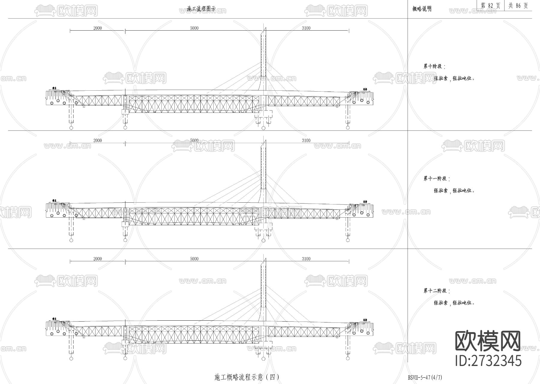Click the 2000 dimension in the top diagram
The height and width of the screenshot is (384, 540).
click(97, 28)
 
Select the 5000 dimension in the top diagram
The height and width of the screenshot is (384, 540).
click(194, 28)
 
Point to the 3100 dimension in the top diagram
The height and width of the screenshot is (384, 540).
click(306, 28)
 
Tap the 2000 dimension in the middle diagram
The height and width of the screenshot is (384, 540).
click(97, 141)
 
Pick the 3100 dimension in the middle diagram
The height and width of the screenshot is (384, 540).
click(306, 141)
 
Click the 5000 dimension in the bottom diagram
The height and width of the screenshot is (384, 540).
click(194, 259)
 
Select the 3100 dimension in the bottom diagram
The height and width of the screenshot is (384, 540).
click(306, 259)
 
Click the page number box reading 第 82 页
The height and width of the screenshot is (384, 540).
click(490, 6)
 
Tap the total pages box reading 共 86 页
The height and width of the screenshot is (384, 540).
click(518, 6)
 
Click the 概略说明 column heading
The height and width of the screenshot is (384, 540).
click(422, 9)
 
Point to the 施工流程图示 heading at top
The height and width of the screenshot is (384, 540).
click(201, 9)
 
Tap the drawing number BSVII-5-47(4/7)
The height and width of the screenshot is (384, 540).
click(425, 377)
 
